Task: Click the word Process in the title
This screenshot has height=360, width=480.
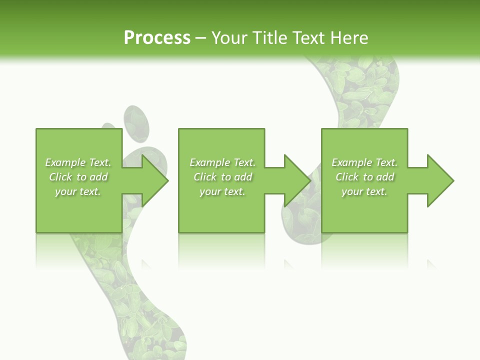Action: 157,37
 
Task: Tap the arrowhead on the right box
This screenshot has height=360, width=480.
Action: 439,180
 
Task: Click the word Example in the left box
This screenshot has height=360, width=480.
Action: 65,162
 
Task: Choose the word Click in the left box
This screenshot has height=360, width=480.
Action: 61,177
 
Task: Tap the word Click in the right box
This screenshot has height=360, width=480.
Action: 347,177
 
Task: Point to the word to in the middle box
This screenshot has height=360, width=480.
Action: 226,177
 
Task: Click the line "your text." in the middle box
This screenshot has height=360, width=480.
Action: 222,191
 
